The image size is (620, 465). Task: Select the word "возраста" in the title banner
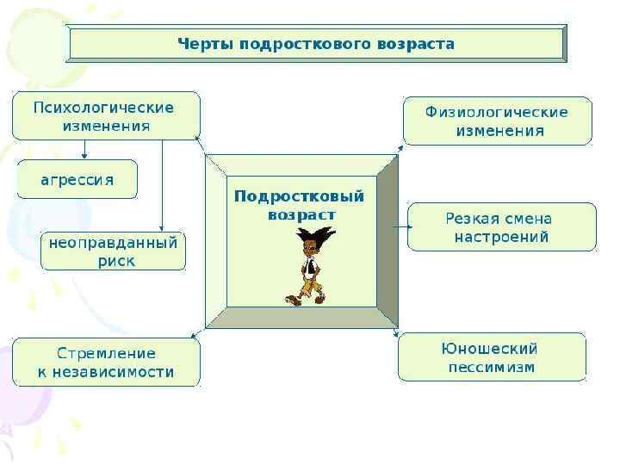(416, 43)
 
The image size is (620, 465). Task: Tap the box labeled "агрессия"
(77, 180)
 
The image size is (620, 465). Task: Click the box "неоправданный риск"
(113, 251)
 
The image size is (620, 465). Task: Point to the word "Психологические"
(103, 108)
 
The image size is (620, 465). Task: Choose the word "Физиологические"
(497, 112)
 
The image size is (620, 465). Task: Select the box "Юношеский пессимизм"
(492, 358)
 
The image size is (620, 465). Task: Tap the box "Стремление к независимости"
(106, 363)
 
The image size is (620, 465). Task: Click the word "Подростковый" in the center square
(300, 196)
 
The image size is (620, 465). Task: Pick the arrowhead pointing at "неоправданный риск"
(163, 227)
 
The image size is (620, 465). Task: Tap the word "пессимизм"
(491, 368)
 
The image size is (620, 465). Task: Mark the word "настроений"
(501, 237)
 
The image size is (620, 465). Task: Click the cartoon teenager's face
(310, 249)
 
